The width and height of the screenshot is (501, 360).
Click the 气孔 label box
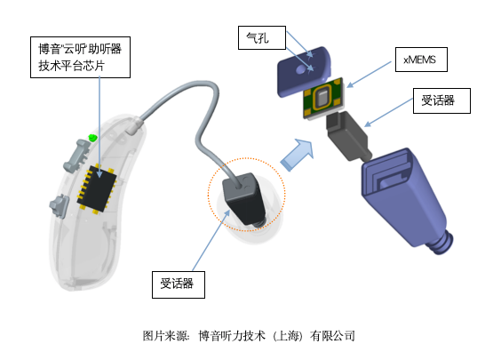click(x=262, y=37)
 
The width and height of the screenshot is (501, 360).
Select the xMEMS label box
click(x=421, y=60)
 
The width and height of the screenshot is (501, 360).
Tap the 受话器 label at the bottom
click(x=179, y=284)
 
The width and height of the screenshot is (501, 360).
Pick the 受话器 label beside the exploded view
click(x=441, y=100)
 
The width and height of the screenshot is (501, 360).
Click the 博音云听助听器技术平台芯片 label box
click(x=80, y=57)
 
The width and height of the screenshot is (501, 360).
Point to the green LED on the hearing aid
click(x=92, y=138)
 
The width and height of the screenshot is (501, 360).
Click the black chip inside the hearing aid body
click(x=96, y=188)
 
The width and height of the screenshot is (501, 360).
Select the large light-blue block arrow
click(x=298, y=155)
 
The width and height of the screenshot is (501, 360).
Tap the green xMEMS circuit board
click(x=323, y=98)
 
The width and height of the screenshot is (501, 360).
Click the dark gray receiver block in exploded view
click(x=348, y=136)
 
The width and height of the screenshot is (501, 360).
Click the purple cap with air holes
click(x=303, y=71)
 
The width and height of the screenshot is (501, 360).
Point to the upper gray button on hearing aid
click(x=77, y=156)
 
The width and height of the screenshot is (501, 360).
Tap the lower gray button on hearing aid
click(x=60, y=205)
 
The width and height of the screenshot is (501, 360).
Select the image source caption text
click(x=249, y=336)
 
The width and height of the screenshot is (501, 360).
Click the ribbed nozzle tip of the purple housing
click(x=441, y=243)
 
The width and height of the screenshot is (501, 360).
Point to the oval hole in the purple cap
click(x=300, y=69)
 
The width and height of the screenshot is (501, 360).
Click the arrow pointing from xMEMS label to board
click(x=369, y=75)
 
